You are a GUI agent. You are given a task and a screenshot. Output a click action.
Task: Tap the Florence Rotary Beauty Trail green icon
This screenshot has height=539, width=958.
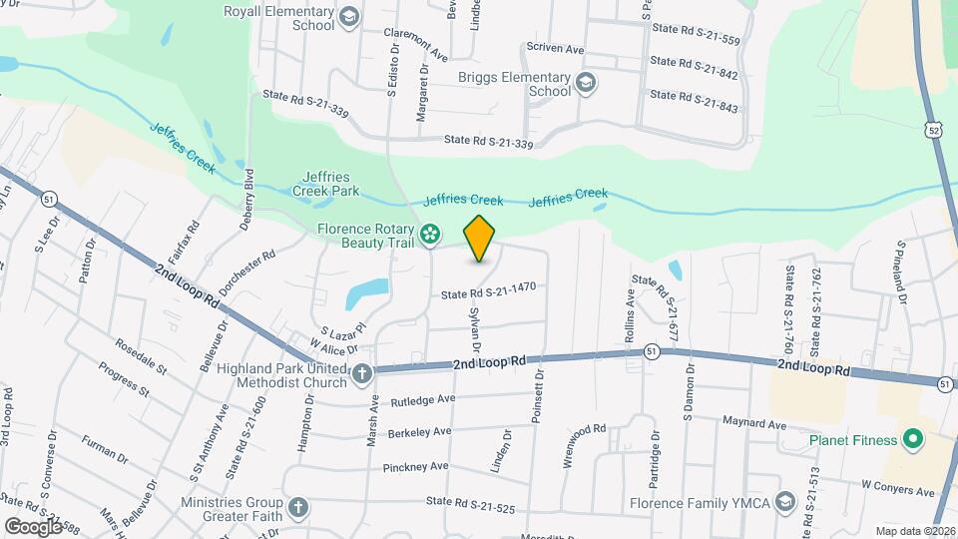coord(430,235)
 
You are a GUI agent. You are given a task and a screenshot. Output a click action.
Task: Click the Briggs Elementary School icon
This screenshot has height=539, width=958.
coord(586,83)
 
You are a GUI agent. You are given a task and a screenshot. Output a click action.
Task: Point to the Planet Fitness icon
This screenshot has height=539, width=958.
coord(911,439)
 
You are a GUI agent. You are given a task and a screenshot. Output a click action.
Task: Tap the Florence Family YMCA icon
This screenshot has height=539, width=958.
coord(784,501)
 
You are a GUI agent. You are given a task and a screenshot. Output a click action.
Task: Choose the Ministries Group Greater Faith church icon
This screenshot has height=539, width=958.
coord(296,509)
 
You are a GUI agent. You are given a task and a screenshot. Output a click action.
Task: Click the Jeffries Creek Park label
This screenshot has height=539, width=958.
coord(325,183)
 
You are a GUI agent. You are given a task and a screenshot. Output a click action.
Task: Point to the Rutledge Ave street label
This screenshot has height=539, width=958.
coord(423,400)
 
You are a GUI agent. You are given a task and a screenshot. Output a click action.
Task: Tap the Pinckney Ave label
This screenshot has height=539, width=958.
coord(416,466)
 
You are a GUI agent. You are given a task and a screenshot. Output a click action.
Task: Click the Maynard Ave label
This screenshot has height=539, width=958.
coord(753,423)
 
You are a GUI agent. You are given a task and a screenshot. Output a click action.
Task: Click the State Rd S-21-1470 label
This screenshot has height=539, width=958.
coord(489,289)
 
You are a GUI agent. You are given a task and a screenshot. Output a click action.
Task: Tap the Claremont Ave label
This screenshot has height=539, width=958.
coord(416,43)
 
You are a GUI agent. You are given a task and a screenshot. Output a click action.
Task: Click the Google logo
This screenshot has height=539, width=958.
coord(33,526)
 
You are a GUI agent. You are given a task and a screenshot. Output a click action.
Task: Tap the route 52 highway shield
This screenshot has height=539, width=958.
coord(932,130)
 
